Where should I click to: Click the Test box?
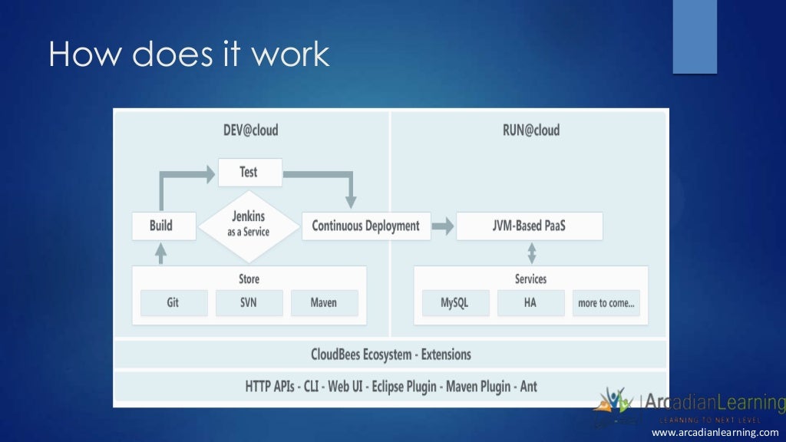[249, 173]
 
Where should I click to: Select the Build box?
[162, 226]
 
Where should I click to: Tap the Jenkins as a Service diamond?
[249, 224]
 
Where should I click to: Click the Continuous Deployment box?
[365, 226]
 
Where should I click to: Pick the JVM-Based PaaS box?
[529, 226]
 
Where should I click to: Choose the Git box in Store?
[173, 303]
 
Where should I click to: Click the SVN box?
[249, 303]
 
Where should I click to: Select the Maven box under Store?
[324, 303]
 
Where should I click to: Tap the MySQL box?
[454, 303]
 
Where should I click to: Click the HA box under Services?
[530, 303]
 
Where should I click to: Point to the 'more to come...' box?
[606, 303]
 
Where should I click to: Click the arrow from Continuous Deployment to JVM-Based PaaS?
[442, 226]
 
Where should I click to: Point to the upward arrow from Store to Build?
[161, 253]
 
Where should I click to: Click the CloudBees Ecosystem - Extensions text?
[391, 355]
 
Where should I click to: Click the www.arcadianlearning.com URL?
[715, 433]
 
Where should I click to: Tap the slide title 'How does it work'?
[189, 54]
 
